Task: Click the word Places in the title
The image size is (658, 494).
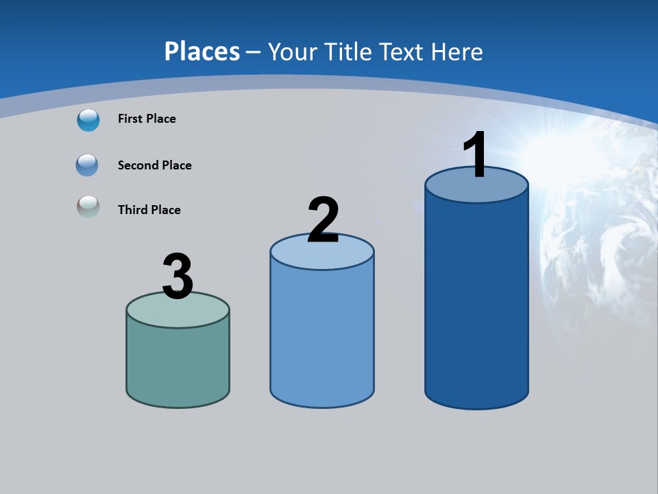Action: pyautogui.click(x=202, y=51)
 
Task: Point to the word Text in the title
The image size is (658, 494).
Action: pyautogui.click(x=402, y=51)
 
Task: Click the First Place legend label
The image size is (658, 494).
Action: pyautogui.click(x=147, y=119)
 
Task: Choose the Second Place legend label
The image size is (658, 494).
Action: pyautogui.click(x=154, y=165)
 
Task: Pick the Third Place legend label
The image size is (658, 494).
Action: pyautogui.click(x=149, y=210)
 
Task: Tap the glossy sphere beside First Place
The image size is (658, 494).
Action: pyautogui.click(x=88, y=120)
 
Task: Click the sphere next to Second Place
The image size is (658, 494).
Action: pyautogui.click(x=88, y=165)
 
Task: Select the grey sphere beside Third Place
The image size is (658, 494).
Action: pyautogui.click(x=88, y=207)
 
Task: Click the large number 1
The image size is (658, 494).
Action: pyautogui.click(x=476, y=155)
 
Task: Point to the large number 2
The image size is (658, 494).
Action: pyautogui.click(x=324, y=220)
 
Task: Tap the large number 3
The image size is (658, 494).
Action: pyautogui.click(x=178, y=277)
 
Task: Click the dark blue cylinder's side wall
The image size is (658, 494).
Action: pyautogui.click(x=476, y=302)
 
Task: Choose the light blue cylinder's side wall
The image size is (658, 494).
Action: pyautogui.click(x=322, y=336)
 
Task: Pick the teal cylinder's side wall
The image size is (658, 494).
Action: pyautogui.click(x=178, y=364)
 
